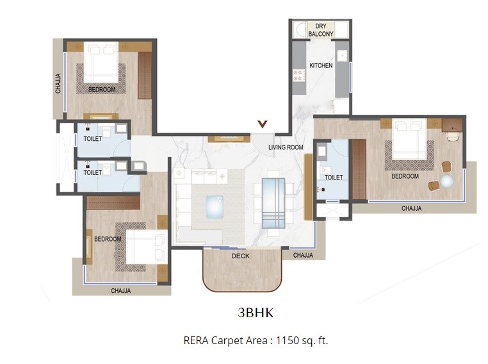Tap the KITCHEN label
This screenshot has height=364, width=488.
pyautogui.click(x=321, y=65)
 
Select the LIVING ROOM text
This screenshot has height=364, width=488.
pyautogui.click(x=286, y=147)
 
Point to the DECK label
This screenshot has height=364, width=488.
pyautogui.click(x=241, y=256)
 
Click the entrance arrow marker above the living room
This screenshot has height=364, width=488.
pyautogui.click(x=262, y=124)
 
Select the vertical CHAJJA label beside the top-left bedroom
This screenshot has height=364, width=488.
pyautogui.click(x=58, y=83)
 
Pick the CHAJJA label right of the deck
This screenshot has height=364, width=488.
pyautogui.click(x=303, y=255)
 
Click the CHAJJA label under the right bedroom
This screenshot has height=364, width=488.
pyautogui.click(x=412, y=208)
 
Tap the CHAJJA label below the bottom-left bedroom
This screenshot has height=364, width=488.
pyautogui.click(x=120, y=290)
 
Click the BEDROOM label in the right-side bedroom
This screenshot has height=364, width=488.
pyautogui.click(x=405, y=176)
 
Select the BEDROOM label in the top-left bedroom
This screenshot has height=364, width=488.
pyautogui.click(x=102, y=90)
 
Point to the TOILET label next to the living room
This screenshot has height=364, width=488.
pyautogui.click(x=334, y=178)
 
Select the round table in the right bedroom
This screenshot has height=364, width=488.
pyautogui.click(x=447, y=181)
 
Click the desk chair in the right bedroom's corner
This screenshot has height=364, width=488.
pyautogui.click(x=453, y=135)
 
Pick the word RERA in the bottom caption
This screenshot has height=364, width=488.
pyautogui.click(x=196, y=340)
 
